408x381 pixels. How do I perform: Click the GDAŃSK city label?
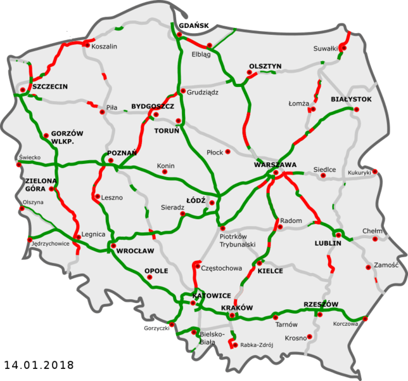[x=193, y=26]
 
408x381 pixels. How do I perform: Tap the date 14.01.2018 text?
[x=39, y=365]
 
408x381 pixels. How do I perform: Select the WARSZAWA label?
[x=275, y=164]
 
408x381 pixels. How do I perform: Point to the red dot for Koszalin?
[x=86, y=44]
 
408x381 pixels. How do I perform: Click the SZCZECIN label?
[x=50, y=86]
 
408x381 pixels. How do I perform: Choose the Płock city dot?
[x=228, y=152]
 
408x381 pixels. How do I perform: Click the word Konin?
[x=165, y=166]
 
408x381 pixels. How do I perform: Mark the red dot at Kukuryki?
[x=376, y=171]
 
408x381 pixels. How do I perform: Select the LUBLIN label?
[x=328, y=243]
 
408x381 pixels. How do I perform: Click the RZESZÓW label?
[x=321, y=304]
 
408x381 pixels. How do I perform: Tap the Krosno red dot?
[x=310, y=337]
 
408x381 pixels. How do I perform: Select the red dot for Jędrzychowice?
[x=29, y=240]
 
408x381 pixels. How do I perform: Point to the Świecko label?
[x=29, y=157]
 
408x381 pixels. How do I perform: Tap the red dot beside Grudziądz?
[x=182, y=91]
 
